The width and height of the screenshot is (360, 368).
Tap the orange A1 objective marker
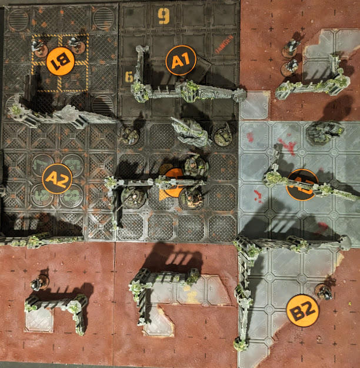(180, 60)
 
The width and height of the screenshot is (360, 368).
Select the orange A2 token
(57, 178)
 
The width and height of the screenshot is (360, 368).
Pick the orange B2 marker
(302, 310)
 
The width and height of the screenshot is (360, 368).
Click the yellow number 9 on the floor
(164, 16)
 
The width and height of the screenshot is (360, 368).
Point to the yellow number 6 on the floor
(129, 77)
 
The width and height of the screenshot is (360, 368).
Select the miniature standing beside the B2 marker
(322, 290)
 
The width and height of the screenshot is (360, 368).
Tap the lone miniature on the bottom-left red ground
(39, 283)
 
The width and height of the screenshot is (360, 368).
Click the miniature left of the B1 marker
(39, 47)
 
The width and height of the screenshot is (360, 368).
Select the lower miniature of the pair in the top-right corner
(289, 67)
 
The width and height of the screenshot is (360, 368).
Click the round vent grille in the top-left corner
(18, 19)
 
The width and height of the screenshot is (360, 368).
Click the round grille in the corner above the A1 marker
(104, 18)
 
